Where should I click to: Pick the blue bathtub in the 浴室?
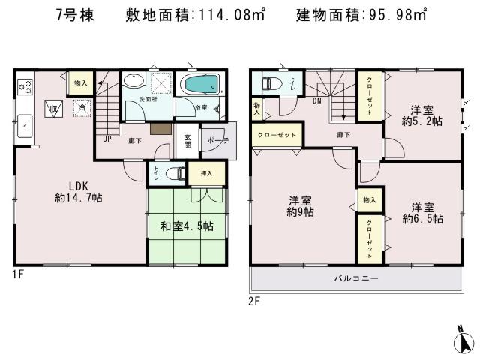[x=200, y=85]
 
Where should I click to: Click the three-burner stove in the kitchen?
[x=24, y=85]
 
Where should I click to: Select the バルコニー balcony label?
[x=356, y=278]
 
